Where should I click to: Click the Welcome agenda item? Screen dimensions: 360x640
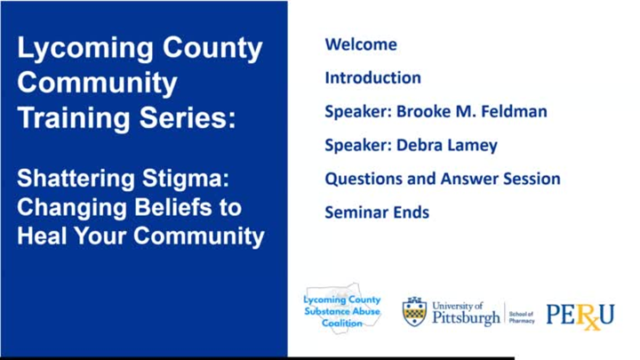361,44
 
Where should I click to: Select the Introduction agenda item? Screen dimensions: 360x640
372,77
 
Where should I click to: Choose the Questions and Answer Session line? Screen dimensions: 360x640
442,179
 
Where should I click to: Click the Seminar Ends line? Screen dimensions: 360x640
377,212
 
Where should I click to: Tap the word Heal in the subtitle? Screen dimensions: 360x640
42,236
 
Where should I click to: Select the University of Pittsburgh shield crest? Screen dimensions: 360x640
414,312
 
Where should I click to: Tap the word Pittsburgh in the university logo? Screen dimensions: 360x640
466,319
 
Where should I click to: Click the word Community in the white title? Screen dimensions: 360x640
98,83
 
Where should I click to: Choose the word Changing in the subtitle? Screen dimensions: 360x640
74,208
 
